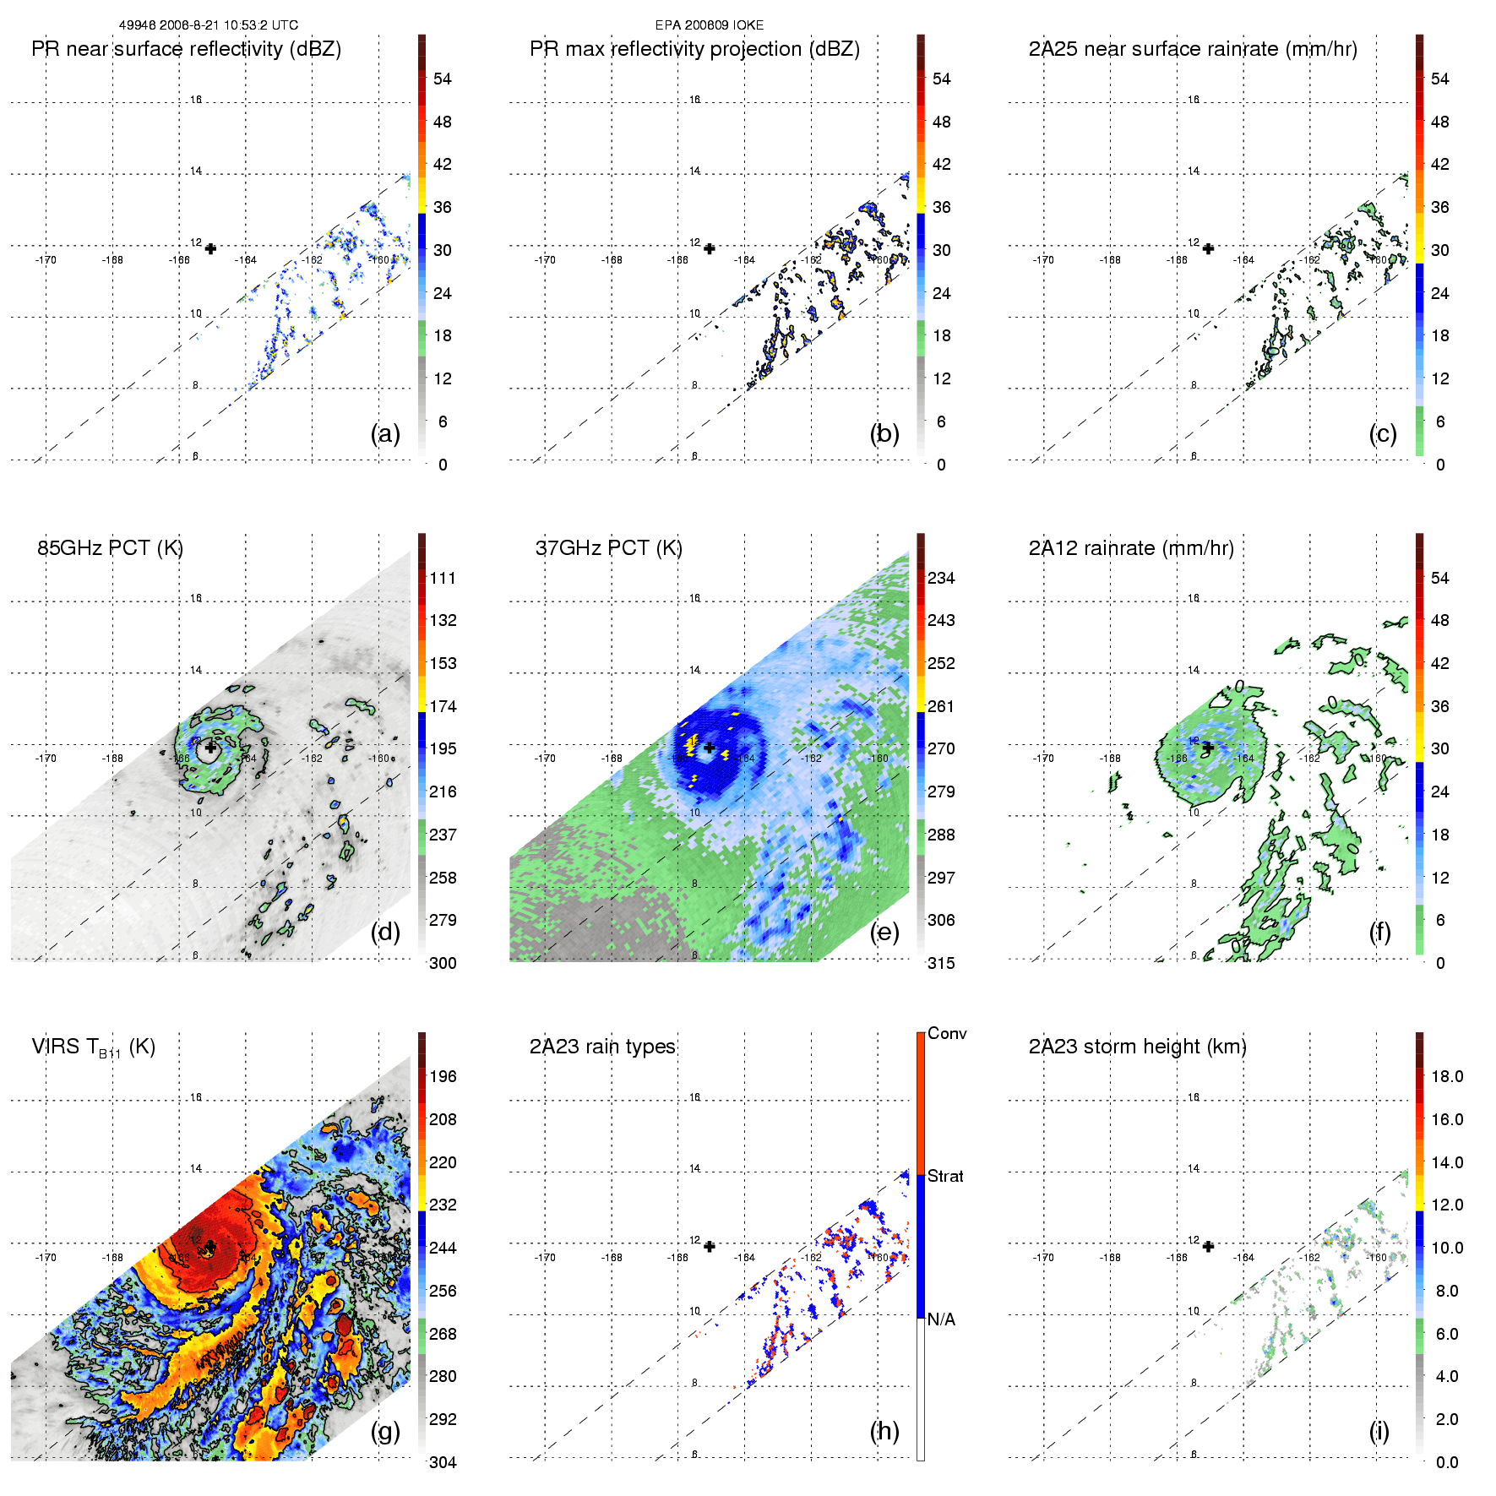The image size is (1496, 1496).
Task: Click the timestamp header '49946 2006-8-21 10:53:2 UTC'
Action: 208,25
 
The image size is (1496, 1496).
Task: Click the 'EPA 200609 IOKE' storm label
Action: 709,25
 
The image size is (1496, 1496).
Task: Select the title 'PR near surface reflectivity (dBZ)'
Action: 186,49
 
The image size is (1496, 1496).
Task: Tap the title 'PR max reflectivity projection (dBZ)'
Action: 694,49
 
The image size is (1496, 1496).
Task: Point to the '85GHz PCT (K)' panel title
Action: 110,548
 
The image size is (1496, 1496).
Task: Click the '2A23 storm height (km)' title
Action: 1137,1047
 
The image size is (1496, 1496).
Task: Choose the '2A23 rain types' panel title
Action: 602,1047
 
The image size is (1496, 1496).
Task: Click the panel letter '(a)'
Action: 385,434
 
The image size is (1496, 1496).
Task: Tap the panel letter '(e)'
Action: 884,933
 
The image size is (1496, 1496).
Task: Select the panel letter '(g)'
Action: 385,1431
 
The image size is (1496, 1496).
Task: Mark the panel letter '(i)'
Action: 1379,1431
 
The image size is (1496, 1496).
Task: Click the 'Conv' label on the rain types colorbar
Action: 947,1033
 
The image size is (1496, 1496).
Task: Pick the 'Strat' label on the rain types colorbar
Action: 945,1176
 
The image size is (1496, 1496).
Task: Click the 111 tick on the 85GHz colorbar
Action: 443,578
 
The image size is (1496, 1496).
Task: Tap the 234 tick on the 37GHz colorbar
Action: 941,578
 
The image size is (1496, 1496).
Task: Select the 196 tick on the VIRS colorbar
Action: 443,1076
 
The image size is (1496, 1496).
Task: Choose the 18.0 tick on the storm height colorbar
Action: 1447,1076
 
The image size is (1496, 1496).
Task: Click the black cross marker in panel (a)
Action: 210,248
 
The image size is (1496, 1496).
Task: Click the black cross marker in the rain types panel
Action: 710,1246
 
